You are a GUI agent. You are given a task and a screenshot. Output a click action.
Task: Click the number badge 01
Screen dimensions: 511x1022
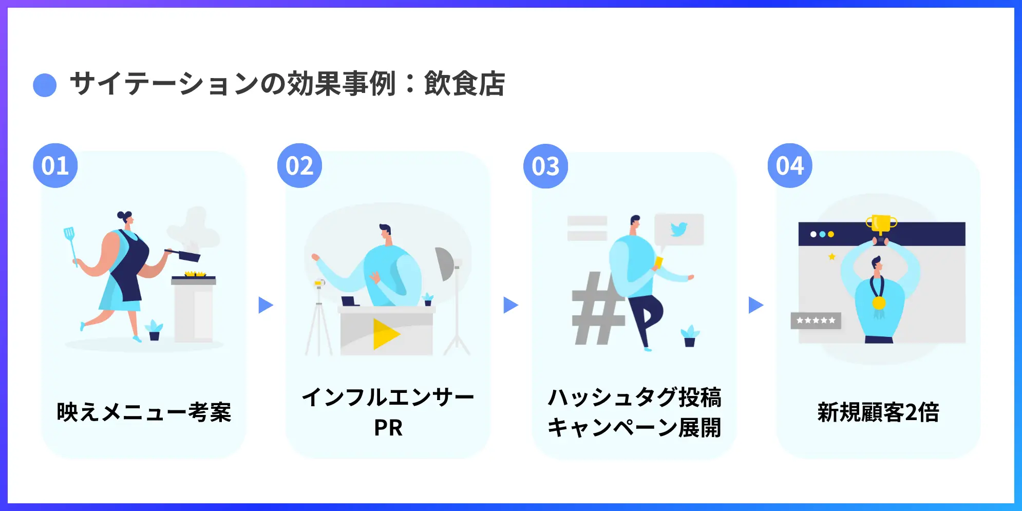[55, 165]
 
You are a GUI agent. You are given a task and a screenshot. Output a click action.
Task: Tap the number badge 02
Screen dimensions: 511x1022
[299, 165]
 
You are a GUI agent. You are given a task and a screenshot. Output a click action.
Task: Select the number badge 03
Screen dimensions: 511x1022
[545, 166]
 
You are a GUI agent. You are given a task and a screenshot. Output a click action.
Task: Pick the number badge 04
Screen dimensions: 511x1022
[790, 165]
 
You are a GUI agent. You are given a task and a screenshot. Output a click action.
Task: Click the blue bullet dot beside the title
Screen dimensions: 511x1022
[45, 85]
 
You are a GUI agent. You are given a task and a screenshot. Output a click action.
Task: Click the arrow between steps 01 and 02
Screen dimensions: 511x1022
[265, 305]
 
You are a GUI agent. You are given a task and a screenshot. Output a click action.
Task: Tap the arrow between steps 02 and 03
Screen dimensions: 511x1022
[510, 305]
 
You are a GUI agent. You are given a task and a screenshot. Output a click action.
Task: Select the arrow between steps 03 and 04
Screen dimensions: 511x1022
[755, 305]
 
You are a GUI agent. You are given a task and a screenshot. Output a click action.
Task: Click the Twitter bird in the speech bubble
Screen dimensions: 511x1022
[678, 229]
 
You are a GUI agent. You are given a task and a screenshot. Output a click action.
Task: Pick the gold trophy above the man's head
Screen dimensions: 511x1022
[881, 224]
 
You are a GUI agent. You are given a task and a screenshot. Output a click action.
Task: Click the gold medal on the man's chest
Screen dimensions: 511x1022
[879, 303]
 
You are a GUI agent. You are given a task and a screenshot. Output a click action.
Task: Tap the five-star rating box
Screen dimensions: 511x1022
[816, 320]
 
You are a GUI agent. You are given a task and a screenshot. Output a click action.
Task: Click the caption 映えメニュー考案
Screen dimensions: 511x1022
[144, 412]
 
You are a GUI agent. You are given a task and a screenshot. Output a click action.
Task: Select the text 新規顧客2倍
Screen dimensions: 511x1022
[878, 412]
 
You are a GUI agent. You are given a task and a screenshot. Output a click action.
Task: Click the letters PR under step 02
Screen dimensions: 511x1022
[388, 428]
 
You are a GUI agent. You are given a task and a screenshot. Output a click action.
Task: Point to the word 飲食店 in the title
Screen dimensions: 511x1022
[464, 84]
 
